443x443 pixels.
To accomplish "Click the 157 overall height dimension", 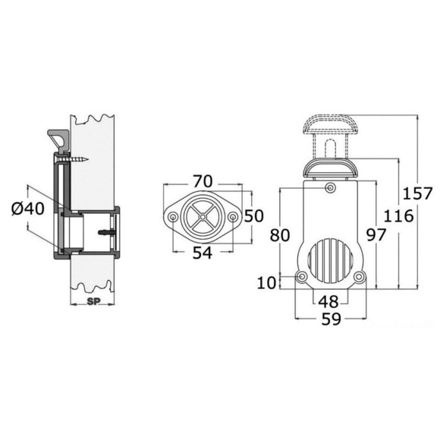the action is (x=417, y=194).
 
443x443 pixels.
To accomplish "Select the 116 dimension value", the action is (x=398, y=216).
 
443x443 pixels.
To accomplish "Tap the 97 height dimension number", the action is (x=376, y=235).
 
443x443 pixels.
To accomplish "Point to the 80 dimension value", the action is (x=280, y=235).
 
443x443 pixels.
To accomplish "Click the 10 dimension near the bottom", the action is (x=266, y=282).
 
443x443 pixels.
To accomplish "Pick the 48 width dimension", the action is (x=328, y=301).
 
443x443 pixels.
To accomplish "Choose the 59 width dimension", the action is (x=331, y=319).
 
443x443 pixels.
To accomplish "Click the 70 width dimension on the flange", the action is (x=203, y=181).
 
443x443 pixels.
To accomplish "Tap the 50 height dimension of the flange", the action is (x=253, y=216).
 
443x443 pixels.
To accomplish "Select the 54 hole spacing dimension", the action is (x=203, y=253).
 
